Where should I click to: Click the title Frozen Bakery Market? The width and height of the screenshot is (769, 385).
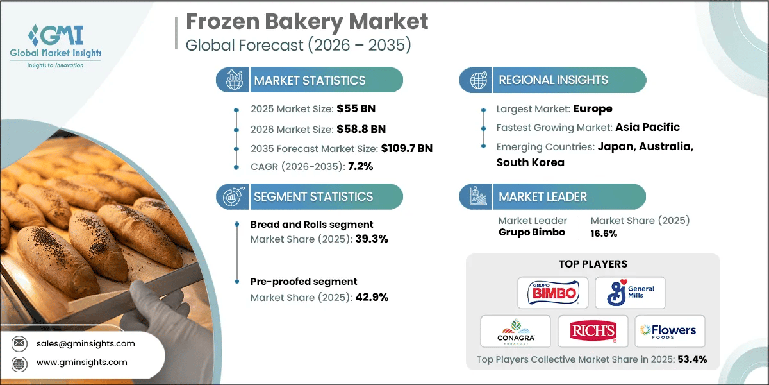coord(307,22)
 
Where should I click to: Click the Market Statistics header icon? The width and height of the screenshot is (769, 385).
coord(231,80)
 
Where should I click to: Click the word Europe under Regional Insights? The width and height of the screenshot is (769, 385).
coord(593,108)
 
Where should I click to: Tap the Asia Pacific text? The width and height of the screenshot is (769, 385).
coord(647,127)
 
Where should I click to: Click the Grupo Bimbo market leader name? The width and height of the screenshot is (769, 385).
coord(531,232)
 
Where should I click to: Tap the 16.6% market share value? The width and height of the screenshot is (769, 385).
coord(604,233)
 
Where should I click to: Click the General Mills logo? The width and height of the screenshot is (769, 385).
coord(630,293)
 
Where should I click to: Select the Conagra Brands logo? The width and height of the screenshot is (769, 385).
coord(515,331)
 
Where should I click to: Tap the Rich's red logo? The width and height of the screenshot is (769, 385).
coord(592,331)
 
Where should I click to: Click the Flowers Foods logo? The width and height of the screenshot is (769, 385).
coord(669,331)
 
